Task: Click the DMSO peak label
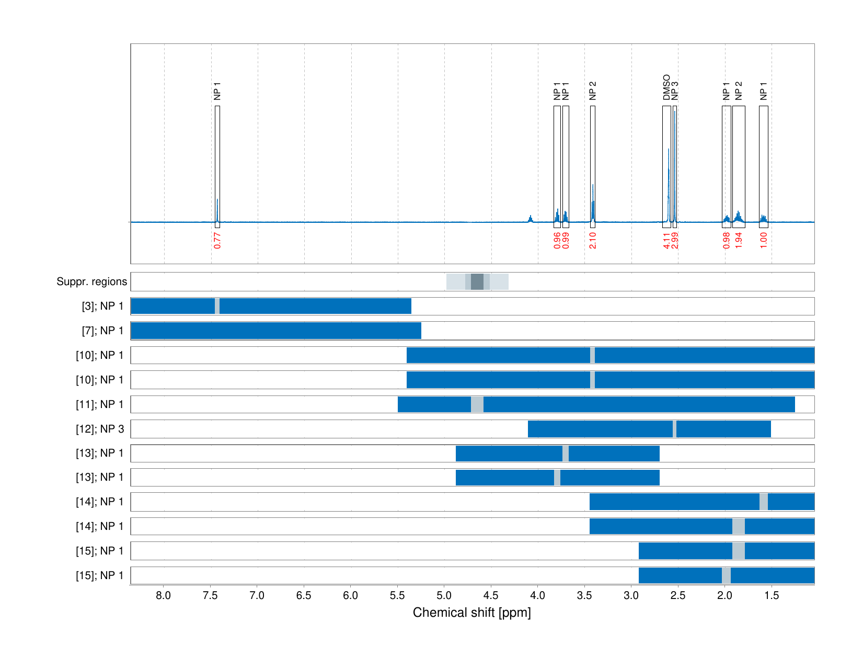(x=666, y=87)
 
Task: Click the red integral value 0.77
(x=217, y=240)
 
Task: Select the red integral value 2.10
(x=593, y=240)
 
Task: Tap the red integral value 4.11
(x=666, y=240)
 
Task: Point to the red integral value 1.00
(x=764, y=240)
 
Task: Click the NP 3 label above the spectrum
(x=675, y=91)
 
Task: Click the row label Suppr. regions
(x=91, y=281)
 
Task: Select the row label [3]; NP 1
(x=102, y=306)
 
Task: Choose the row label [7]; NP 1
(x=102, y=331)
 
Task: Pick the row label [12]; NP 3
(x=100, y=429)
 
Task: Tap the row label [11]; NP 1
(x=100, y=404)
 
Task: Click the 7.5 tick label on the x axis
(x=210, y=595)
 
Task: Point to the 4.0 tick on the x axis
(x=537, y=595)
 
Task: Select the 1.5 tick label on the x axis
(x=772, y=595)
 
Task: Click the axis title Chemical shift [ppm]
(x=471, y=613)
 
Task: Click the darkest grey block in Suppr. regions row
(x=477, y=281)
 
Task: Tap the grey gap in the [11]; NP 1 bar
(x=477, y=404)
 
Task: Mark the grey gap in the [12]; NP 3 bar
(x=674, y=429)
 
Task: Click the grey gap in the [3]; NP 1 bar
(x=217, y=306)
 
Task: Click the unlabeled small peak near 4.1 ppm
(x=531, y=219)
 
